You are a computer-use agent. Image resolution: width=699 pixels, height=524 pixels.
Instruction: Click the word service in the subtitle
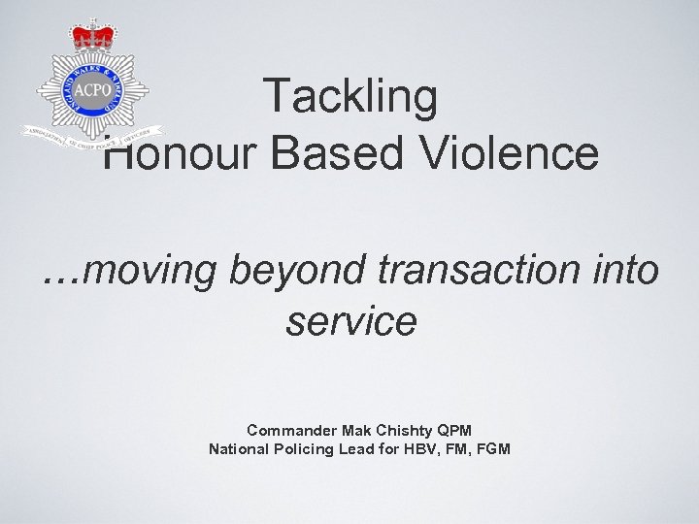tap(350, 321)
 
